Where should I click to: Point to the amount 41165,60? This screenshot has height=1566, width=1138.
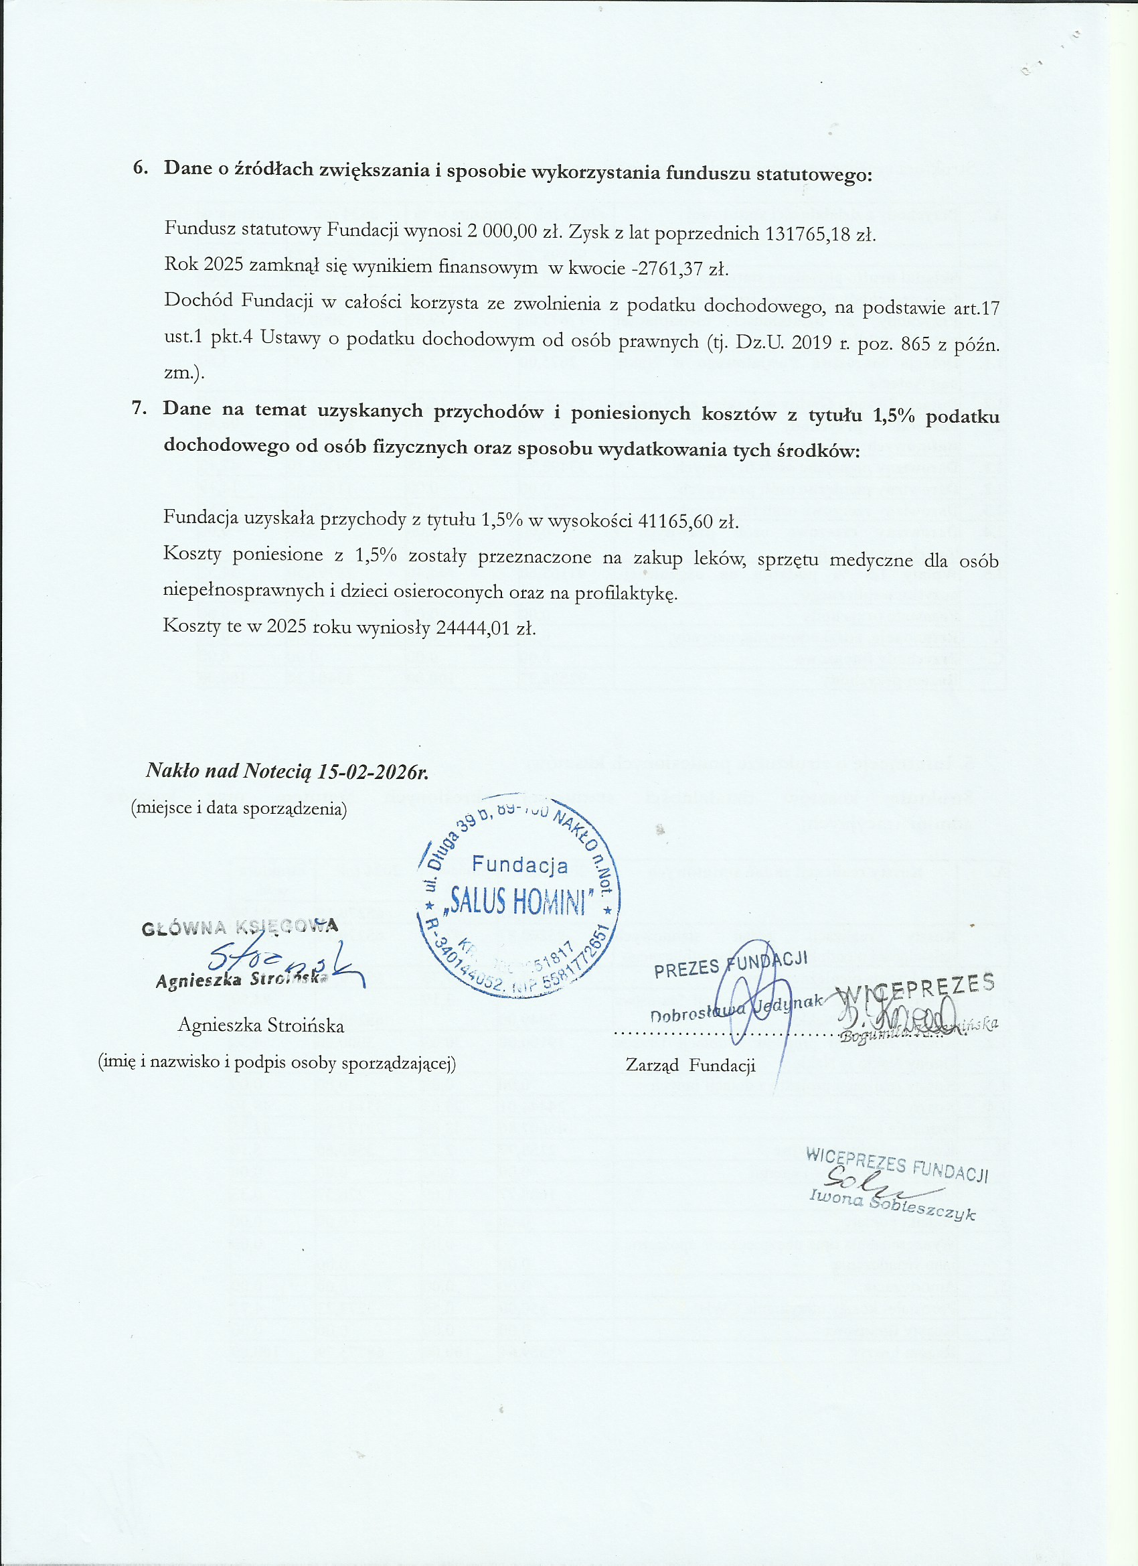point(675,520)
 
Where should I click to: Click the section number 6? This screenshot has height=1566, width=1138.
point(140,167)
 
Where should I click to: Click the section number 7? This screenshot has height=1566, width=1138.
point(139,408)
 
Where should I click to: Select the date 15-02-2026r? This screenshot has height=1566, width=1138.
point(373,771)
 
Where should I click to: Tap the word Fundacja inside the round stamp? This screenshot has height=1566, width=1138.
point(519,865)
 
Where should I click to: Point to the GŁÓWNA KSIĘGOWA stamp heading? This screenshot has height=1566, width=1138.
point(240,927)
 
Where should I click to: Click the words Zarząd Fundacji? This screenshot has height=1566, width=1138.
point(690,1066)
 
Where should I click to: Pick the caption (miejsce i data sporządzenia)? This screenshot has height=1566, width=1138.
point(239,808)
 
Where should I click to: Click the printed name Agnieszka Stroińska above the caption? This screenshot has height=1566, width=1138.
point(261,1025)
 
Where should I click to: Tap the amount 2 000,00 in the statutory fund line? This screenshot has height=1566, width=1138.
point(501,230)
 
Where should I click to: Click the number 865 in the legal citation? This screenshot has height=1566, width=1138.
point(916,342)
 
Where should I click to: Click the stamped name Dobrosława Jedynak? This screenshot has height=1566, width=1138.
point(736,1008)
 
